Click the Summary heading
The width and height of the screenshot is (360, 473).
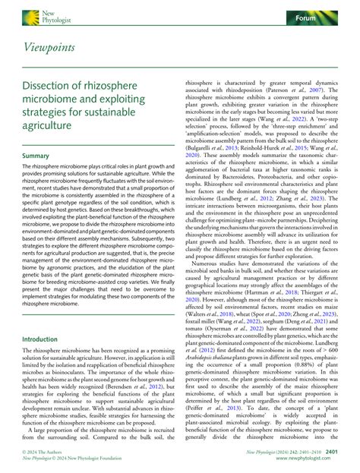[x=37, y=156]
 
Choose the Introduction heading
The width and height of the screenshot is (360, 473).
[x=45, y=339]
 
